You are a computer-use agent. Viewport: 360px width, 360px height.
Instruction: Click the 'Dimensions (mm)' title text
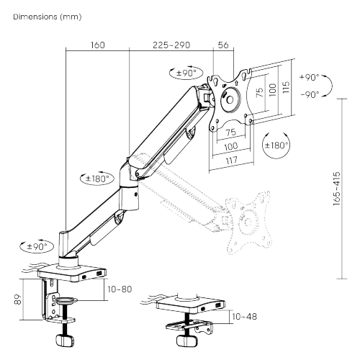pos(48,17)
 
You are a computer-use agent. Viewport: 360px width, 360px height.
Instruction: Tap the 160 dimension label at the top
pos(98,45)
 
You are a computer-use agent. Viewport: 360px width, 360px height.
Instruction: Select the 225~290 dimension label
pos(171,45)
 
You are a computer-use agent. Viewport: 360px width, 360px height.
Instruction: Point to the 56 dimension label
pos(223,45)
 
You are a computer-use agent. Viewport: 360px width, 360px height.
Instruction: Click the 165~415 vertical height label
pos(337,189)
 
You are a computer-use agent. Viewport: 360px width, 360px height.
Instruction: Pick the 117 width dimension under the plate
pos(231,161)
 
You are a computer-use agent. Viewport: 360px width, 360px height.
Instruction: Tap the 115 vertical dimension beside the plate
pos(286,87)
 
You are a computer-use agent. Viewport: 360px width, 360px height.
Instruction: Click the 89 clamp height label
pos(18,300)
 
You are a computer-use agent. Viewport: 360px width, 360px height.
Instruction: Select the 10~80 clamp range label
pos(120,289)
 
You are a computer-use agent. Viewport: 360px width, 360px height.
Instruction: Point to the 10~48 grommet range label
pos(245,317)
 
